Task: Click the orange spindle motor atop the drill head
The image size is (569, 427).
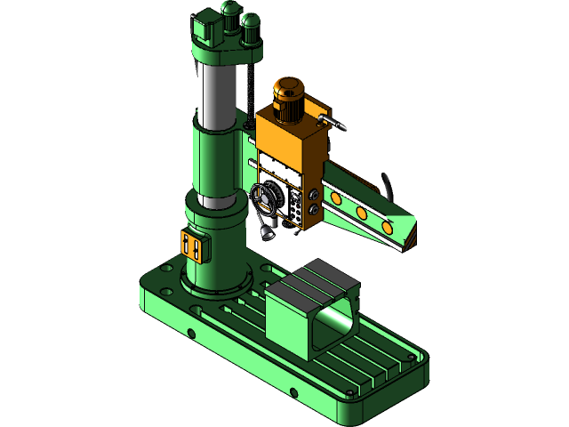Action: coord(289,97)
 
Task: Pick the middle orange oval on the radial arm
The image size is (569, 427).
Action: coord(362,213)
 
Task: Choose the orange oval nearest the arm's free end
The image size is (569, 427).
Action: coord(389,228)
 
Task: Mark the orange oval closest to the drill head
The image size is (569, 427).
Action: coord(333,197)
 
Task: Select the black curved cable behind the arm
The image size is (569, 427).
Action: coord(388,185)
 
